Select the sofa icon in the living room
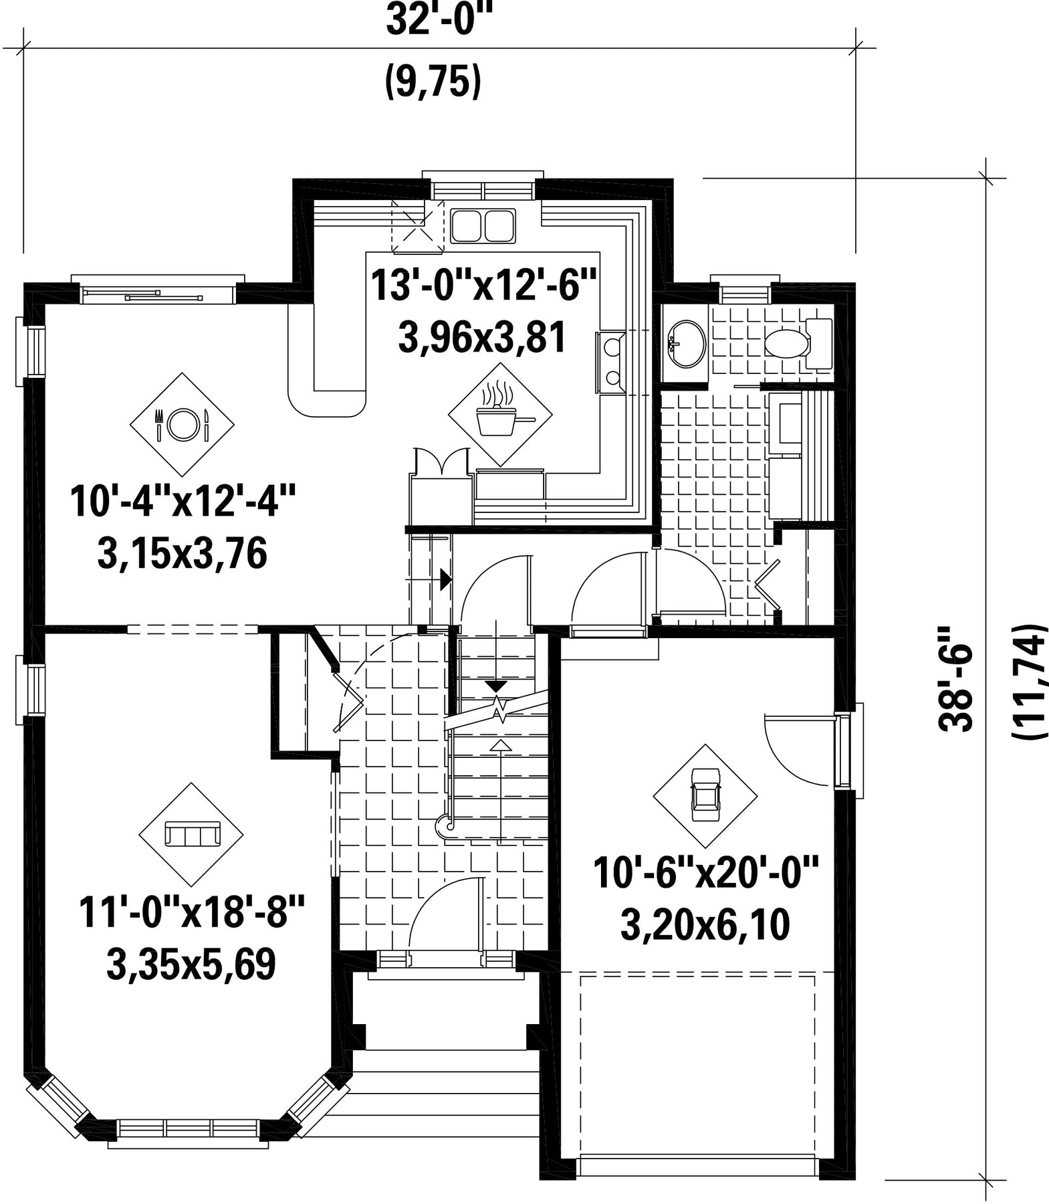click(x=191, y=835)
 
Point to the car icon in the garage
click(x=705, y=796)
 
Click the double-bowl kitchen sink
click(x=483, y=225)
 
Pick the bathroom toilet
click(x=798, y=344)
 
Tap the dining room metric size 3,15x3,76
click(x=182, y=554)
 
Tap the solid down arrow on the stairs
click(x=495, y=686)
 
